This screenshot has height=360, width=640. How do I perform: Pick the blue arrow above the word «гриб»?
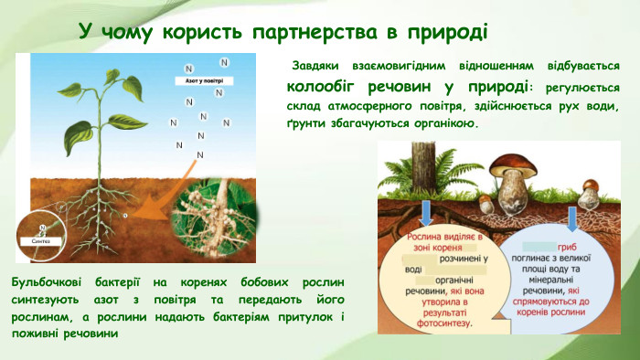click(x=572, y=217)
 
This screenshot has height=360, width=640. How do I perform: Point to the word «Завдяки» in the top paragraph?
click(x=317, y=67)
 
